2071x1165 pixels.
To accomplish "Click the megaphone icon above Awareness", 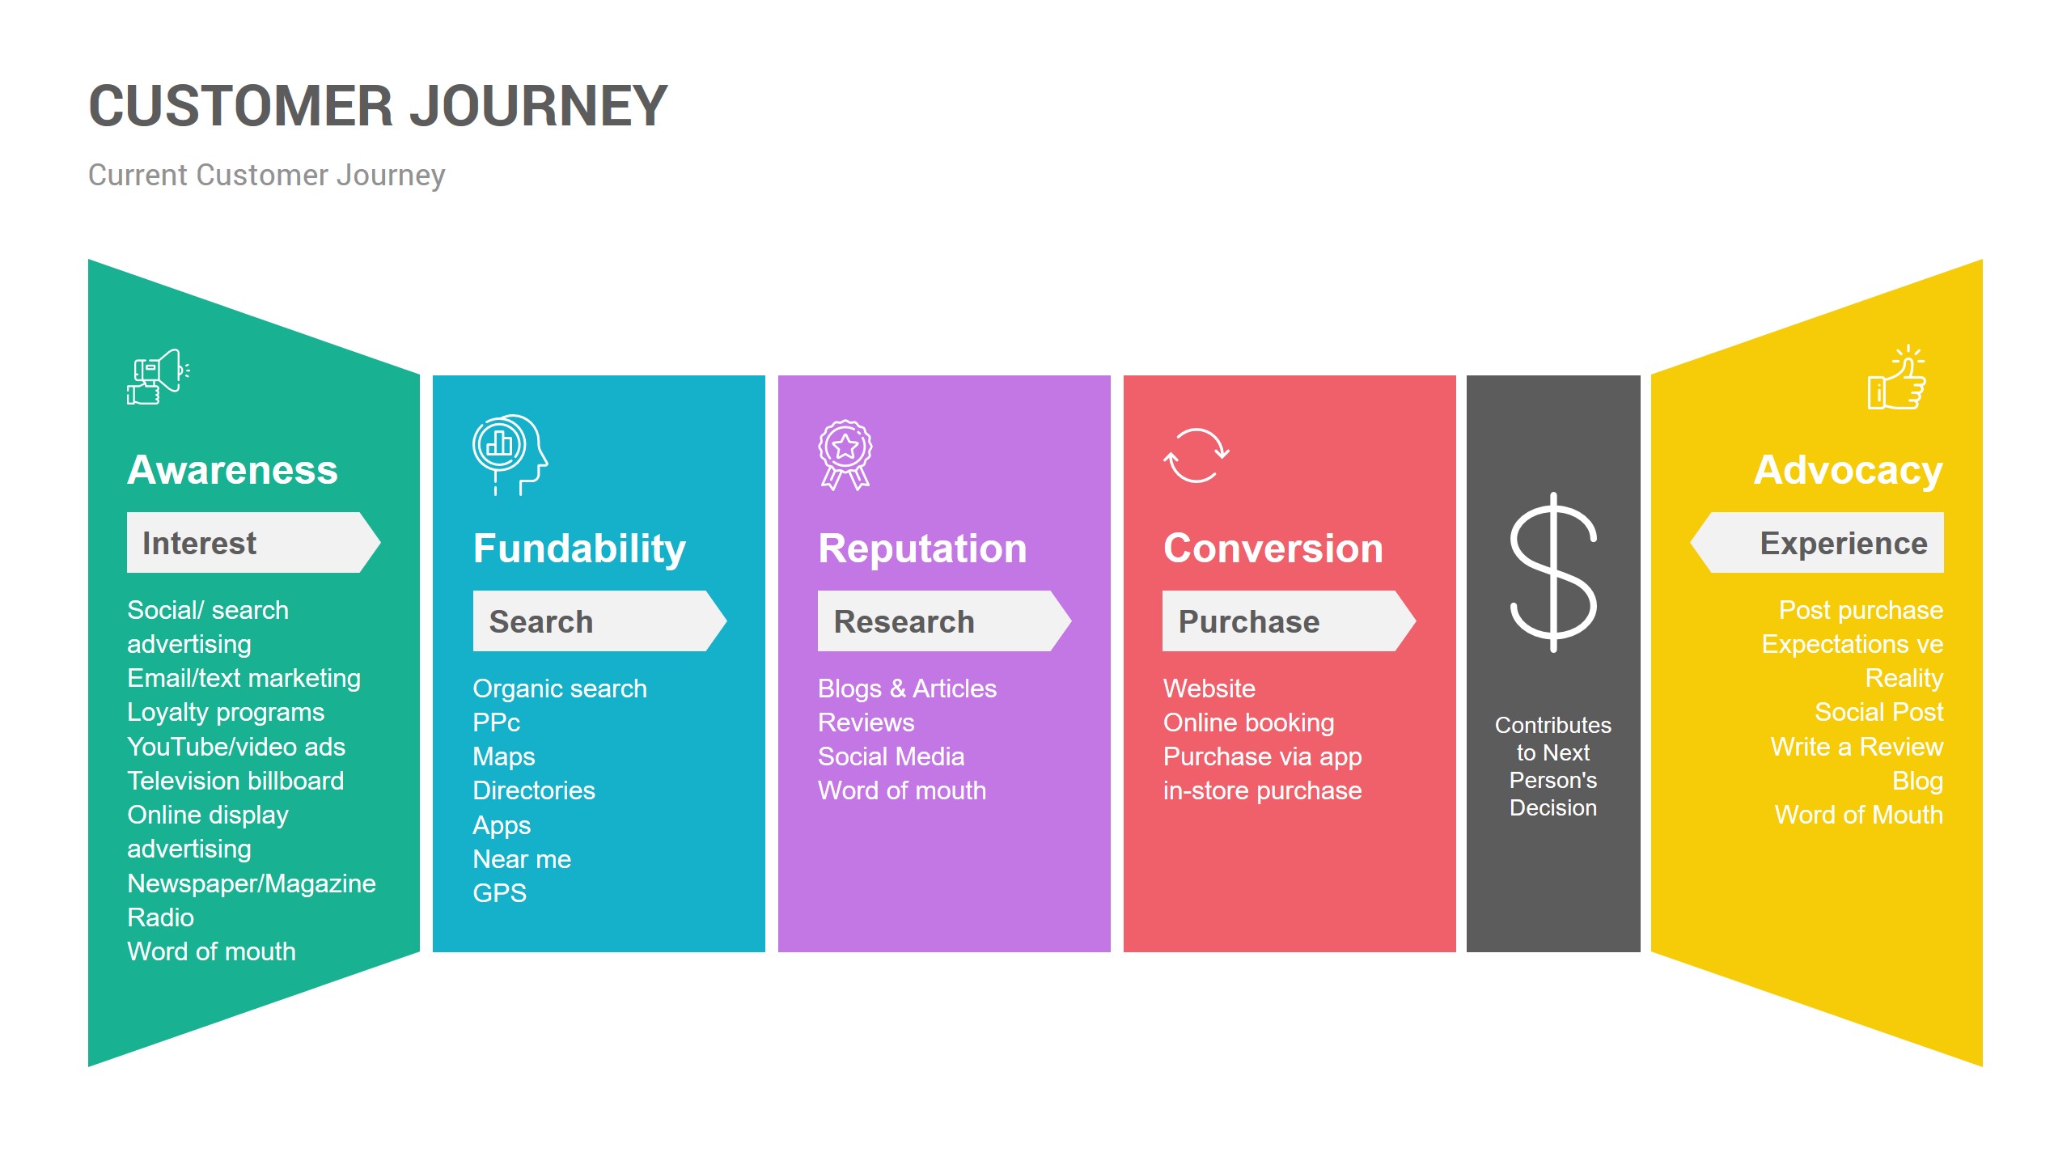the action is [159, 377].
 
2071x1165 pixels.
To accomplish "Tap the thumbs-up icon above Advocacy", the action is [1896, 378].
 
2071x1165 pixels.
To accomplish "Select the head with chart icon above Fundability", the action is [510, 454].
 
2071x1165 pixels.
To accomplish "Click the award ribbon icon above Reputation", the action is [845, 455].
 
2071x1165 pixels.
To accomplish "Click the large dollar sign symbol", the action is [1553, 572].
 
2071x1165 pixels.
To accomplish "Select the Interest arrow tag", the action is [253, 542].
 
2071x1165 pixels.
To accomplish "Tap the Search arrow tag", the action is [599, 621].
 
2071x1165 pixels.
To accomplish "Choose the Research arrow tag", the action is [944, 621].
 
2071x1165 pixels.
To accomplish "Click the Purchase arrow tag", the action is [1289, 621].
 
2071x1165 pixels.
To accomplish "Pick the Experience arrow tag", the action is [1817, 542].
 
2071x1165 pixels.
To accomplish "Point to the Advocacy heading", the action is [1848, 471].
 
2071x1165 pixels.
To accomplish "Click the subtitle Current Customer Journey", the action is [266, 176].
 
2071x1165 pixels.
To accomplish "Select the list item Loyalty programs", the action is [226, 713].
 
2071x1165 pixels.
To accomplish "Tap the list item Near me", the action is [522, 859].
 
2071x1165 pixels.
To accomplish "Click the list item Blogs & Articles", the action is [907, 688].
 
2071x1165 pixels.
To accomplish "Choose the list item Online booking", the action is [1248, 723].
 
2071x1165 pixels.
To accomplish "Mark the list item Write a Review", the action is [1857, 747].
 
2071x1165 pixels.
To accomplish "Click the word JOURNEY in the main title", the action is [538, 107].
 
